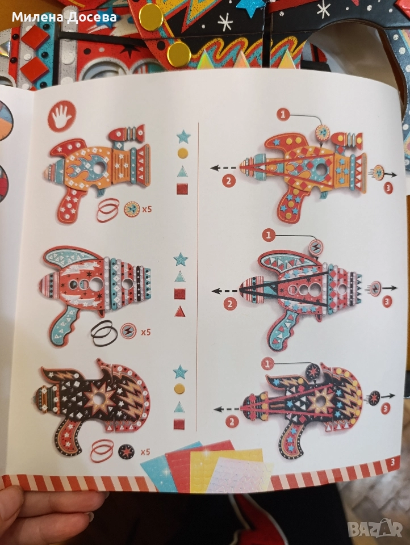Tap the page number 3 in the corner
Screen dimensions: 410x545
(393, 462)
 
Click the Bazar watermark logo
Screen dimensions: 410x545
(375, 529)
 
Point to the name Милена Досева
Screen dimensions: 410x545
(64, 16)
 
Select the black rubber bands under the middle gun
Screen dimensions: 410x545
(102, 330)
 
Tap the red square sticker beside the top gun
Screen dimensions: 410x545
(182, 188)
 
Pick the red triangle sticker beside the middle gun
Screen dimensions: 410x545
(180, 311)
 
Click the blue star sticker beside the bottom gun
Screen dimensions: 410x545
(180, 372)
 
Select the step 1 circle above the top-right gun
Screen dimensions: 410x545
(283, 114)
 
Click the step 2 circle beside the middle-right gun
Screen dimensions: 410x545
(229, 304)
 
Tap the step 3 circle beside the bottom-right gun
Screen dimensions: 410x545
(385, 408)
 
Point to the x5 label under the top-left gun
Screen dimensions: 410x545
(146, 209)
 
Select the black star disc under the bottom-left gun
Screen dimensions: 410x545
(126, 451)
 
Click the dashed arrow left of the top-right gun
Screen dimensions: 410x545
(225, 168)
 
